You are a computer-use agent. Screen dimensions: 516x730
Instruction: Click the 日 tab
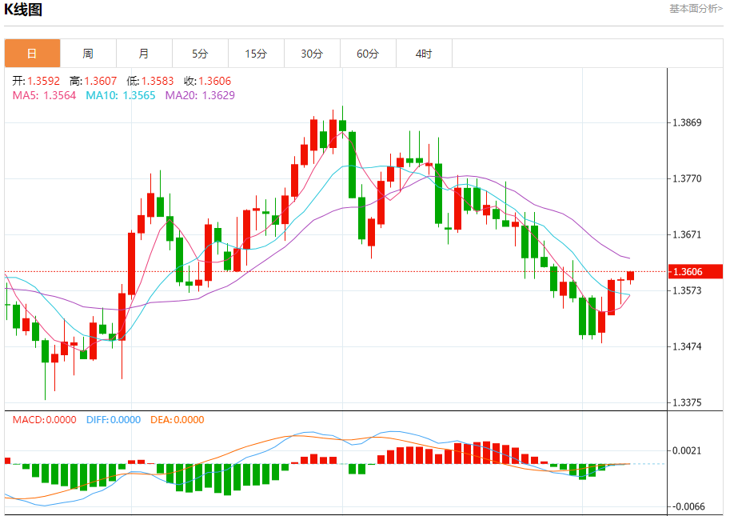(x=32, y=54)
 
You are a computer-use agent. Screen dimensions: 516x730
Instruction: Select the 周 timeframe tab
(x=88, y=54)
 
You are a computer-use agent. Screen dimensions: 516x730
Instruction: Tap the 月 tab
(x=144, y=54)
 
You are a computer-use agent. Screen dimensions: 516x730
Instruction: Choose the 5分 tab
(x=200, y=54)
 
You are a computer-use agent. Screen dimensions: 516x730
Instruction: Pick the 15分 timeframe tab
(x=256, y=54)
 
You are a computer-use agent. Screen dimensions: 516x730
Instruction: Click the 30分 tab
(x=312, y=54)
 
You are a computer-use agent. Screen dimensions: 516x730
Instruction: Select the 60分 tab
(x=368, y=54)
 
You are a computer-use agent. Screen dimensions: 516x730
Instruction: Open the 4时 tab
(x=424, y=54)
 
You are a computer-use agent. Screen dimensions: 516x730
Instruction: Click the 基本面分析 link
(x=695, y=8)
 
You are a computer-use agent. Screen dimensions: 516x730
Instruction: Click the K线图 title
(x=23, y=10)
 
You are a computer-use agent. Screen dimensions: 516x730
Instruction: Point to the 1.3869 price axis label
(x=687, y=122)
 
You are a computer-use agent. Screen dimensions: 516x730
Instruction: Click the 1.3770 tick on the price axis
(x=687, y=178)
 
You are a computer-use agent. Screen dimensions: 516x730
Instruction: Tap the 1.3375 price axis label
(x=687, y=402)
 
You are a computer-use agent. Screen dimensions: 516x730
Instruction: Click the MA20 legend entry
(x=189, y=95)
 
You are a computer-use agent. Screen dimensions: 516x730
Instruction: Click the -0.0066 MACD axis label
(x=687, y=506)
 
